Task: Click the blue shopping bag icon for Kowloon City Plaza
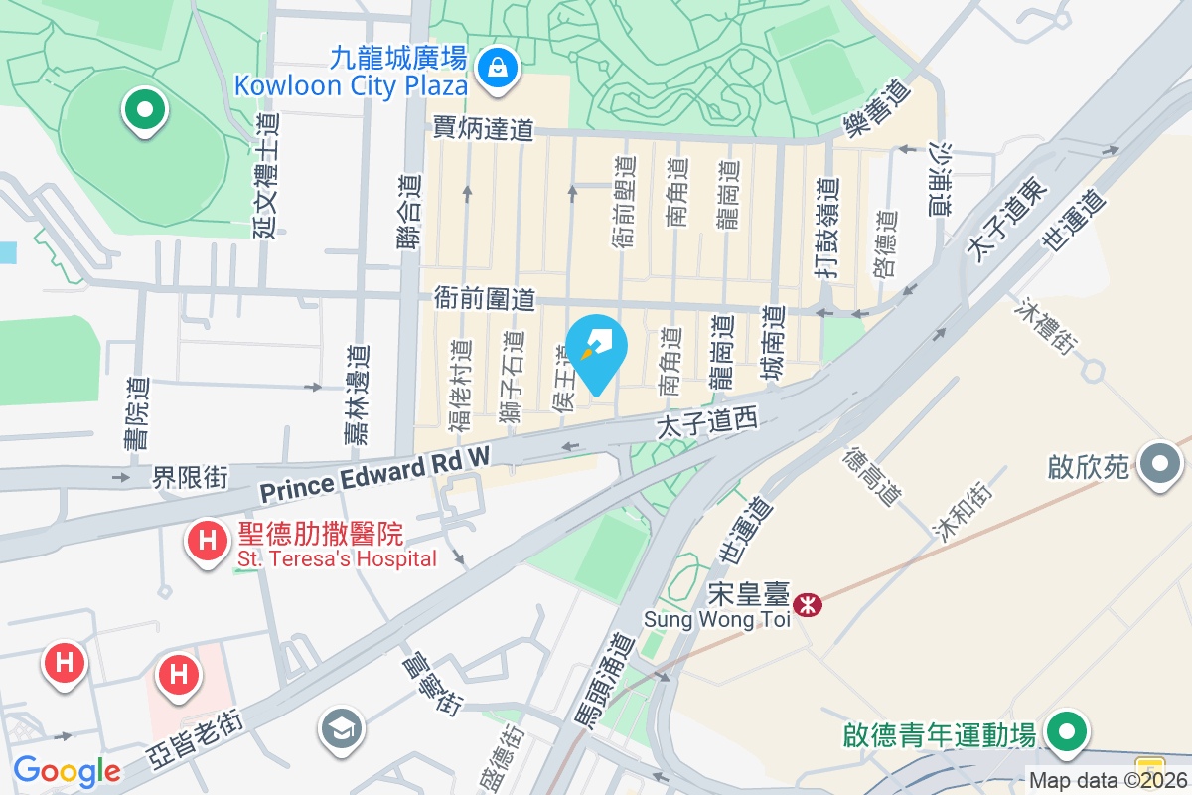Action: click(x=494, y=68)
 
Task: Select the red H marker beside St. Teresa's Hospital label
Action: click(x=207, y=542)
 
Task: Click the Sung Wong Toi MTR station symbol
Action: click(x=809, y=603)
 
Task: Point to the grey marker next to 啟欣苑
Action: click(x=1158, y=464)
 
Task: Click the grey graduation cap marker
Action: click(x=340, y=730)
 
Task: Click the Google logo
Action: click(x=67, y=770)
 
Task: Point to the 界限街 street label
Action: click(x=190, y=478)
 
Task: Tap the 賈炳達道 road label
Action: click(x=484, y=128)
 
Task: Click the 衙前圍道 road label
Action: click(x=485, y=297)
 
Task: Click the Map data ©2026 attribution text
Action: click(x=1109, y=781)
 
